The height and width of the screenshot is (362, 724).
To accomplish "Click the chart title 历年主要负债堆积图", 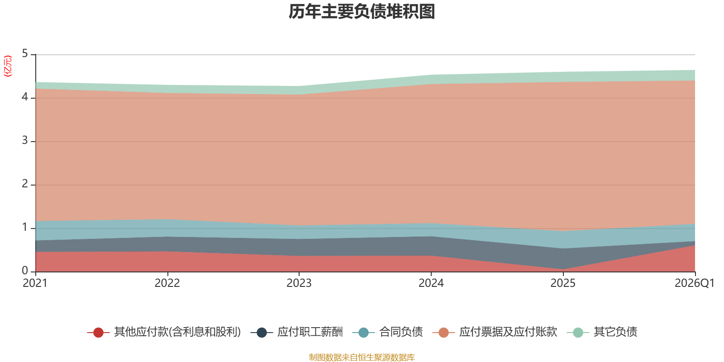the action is pos(362,12).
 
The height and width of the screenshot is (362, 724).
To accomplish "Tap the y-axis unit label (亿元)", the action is pos(7,66).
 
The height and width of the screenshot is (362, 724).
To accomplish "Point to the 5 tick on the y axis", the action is pos(25,54).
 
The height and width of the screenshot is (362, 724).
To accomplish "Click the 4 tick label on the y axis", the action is pos(25,97).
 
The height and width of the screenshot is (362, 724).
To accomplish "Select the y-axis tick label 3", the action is pos(25,141).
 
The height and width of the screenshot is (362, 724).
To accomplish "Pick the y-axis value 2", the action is pos(25,184).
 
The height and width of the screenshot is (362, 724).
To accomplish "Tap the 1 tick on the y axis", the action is pos(25,228).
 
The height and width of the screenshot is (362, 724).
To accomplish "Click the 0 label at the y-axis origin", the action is pos(25,271).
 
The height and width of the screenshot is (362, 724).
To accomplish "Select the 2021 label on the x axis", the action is pos(35,283).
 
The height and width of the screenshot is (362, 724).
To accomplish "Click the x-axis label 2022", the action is pos(167,283).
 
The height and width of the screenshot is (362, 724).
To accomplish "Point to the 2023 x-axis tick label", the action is pos(299,283).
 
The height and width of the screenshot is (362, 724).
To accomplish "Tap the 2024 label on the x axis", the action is pos(431,283).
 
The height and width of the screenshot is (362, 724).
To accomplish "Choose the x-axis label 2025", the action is pos(563,283).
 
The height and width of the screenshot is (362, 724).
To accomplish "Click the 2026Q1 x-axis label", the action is pos(694,283).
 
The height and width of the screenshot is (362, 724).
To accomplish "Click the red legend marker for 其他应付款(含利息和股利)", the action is pos(98,332).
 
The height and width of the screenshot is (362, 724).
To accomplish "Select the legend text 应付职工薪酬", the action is pos(310,332).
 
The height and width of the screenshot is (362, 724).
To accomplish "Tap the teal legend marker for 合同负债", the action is pos(364,332).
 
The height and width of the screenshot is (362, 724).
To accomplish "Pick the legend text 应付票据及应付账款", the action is pos(508,332).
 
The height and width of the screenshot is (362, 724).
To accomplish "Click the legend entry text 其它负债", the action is pos(615,332).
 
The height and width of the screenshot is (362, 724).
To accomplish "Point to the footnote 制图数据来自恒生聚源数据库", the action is pos(362,357).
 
